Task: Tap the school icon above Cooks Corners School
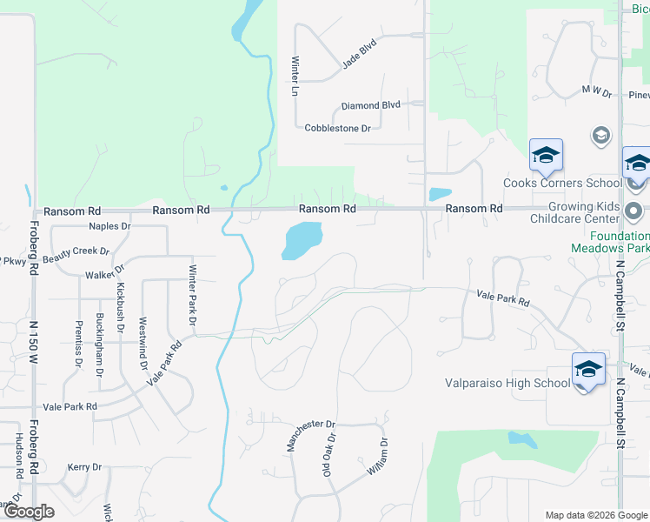coord(546,156)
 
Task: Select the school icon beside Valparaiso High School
coord(588,369)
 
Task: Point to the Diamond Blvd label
coord(370,105)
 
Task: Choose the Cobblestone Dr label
coord(337,128)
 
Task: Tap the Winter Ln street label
coord(295,76)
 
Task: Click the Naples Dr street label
coord(109,226)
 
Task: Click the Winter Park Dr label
coord(193,291)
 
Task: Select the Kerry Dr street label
coord(84,467)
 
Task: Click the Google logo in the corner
coord(28,512)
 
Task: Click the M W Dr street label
coord(597,90)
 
